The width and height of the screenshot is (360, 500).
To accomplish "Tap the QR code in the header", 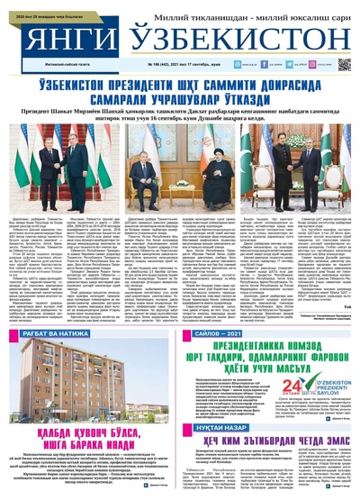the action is tap(344, 65).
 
